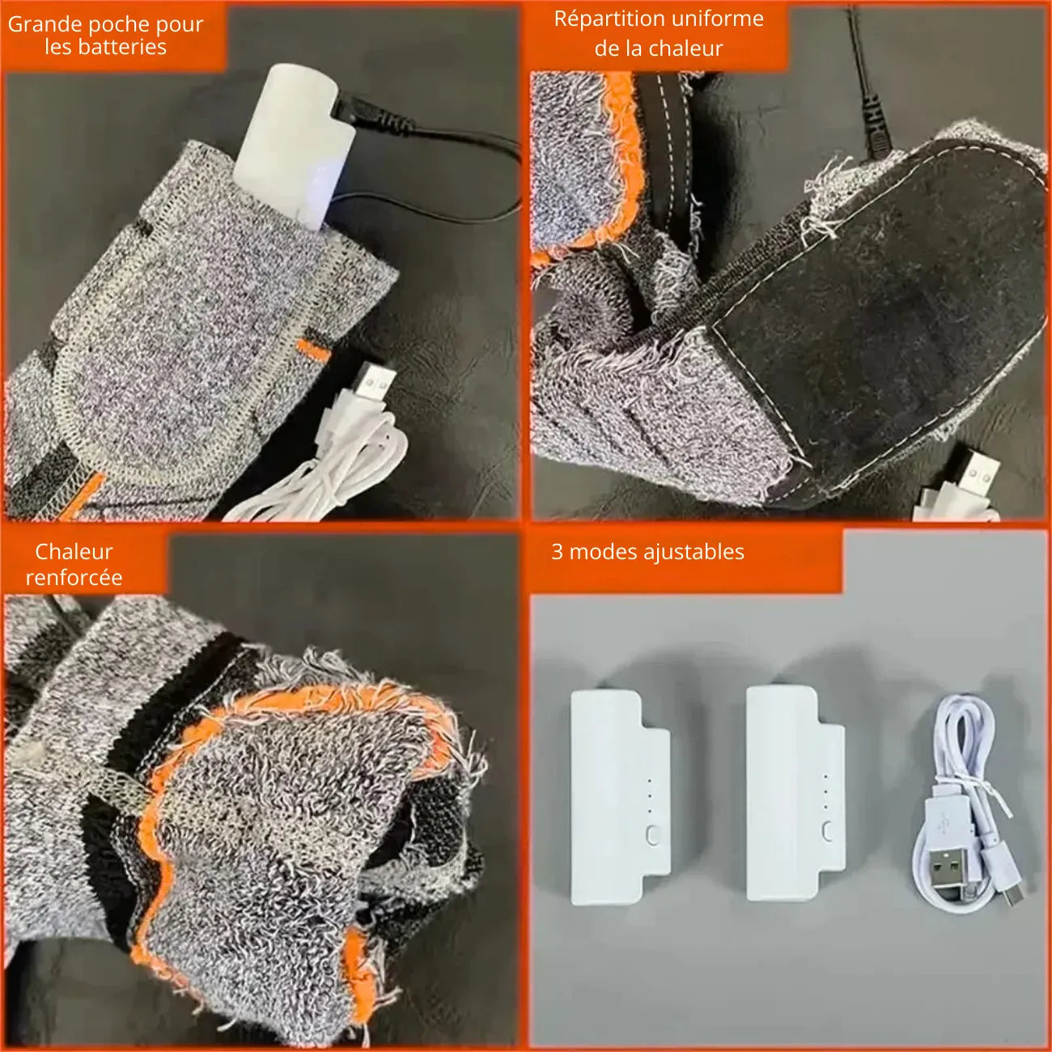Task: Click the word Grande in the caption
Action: (x=45, y=25)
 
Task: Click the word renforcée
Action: (x=74, y=578)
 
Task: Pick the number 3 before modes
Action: (x=557, y=551)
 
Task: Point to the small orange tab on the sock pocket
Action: (x=314, y=350)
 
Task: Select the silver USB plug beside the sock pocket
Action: (x=375, y=381)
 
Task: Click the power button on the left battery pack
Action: (x=652, y=834)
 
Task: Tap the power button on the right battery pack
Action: (x=827, y=832)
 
